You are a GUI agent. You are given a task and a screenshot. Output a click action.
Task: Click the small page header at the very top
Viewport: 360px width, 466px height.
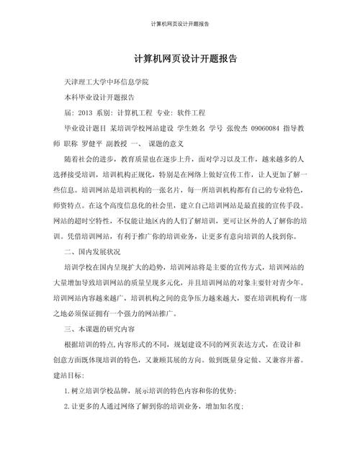coord(180,24)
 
